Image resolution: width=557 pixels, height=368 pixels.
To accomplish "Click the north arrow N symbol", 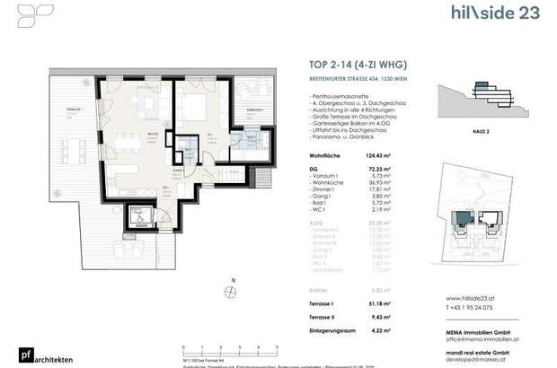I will point(232,294).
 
